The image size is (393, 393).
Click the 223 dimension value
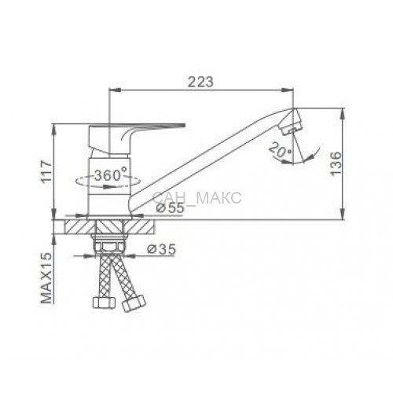click(x=201, y=82)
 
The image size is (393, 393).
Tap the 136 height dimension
click(x=336, y=163)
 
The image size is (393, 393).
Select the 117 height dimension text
click(x=47, y=171)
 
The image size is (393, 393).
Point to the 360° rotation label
click(x=111, y=174)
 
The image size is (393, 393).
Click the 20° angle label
click(x=280, y=149)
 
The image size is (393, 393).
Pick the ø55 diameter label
click(x=171, y=208)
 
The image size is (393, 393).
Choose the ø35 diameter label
click(x=161, y=249)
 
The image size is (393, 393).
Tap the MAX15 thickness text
click(x=46, y=278)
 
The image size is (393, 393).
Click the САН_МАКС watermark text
click(x=196, y=198)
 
